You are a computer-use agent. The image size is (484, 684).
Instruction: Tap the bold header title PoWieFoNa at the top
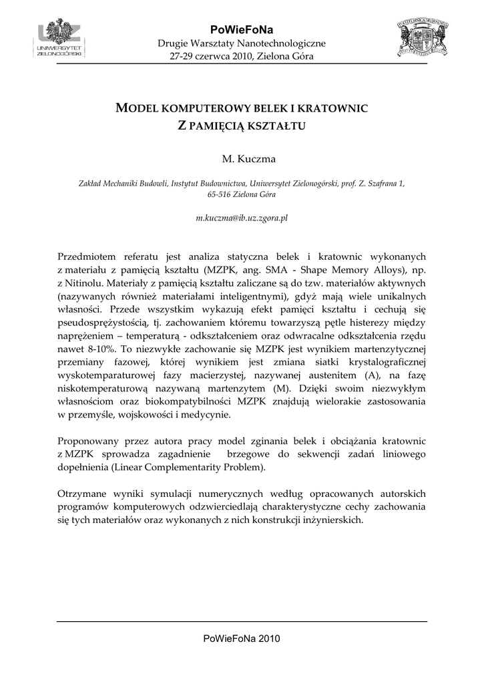(241, 29)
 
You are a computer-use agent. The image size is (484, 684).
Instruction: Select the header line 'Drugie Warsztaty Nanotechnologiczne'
(241, 43)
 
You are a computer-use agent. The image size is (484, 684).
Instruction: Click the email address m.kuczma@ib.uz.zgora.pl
(241, 218)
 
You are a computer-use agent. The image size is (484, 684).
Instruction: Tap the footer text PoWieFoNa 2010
(241, 639)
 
